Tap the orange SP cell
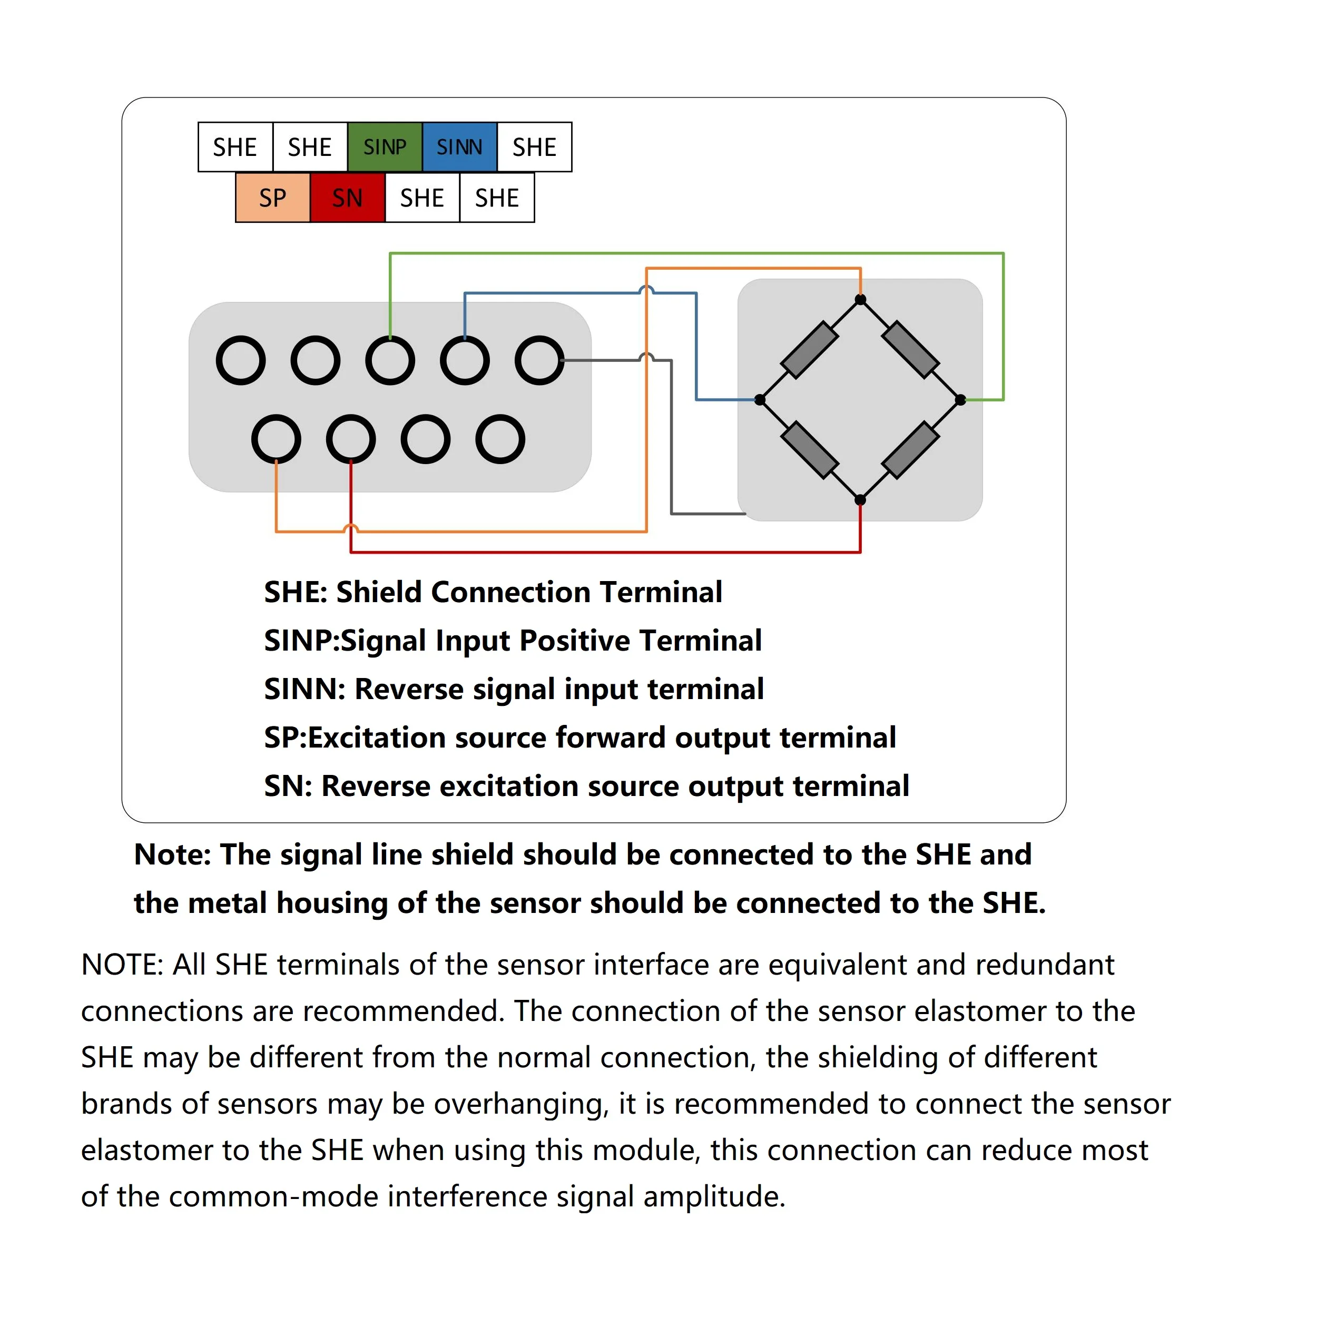[x=273, y=198]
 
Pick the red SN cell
[x=347, y=198]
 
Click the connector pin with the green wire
[x=390, y=360]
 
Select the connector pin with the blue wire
[x=465, y=360]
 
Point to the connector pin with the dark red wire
[x=350, y=439]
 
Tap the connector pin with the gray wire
[x=539, y=360]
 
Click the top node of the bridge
[x=860, y=300]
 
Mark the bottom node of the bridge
[x=860, y=499]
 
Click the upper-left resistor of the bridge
[x=810, y=350]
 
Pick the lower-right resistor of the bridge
[x=911, y=450]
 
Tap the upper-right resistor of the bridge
[x=911, y=350]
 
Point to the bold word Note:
[x=172, y=854]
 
